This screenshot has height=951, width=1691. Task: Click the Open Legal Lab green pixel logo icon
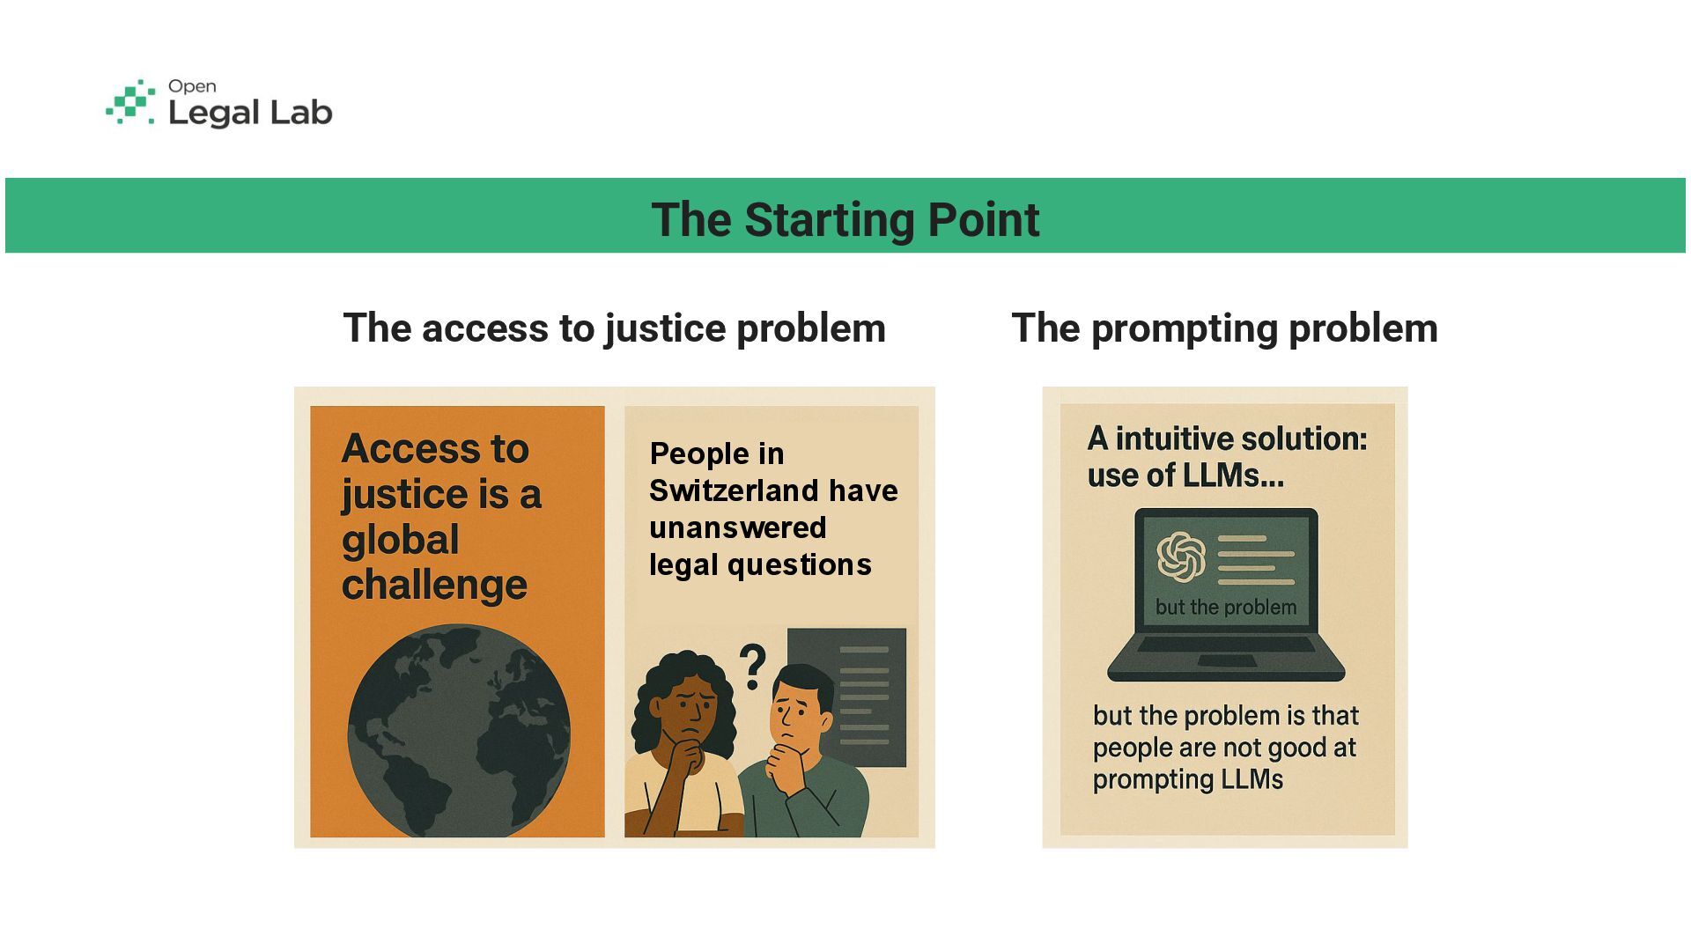[130, 102]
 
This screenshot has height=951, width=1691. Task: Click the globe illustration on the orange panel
[458, 731]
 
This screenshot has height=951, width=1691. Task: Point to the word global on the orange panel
[400, 540]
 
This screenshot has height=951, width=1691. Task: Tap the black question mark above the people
[752, 667]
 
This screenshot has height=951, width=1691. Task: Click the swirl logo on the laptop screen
[1181, 557]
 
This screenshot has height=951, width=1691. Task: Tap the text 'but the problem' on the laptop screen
[1225, 607]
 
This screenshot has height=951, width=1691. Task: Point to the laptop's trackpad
[1227, 661]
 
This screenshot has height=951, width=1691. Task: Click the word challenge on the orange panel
[434, 585]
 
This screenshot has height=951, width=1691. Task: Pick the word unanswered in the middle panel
[737, 527]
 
